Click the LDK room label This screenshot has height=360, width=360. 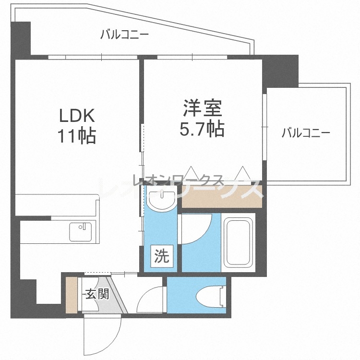pyautogui.click(x=77, y=116)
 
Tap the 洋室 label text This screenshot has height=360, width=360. pyautogui.click(x=202, y=108)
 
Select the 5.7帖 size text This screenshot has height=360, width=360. pyautogui.click(x=202, y=129)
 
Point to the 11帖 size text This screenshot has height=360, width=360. pyautogui.click(x=77, y=136)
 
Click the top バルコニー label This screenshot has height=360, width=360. pyautogui.click(x=125, y=35)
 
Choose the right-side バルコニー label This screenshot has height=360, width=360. pyautogui.click(x=306, y=132)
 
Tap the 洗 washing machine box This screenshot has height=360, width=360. pyautogui.click(x=162, y=256)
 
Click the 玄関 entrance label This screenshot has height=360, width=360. pyautogui.click(x=97, y=294)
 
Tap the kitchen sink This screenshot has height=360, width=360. pyautogui.click(x=80, y=232)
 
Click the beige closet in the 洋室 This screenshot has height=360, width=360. pyautogui.click(x=222, y=196)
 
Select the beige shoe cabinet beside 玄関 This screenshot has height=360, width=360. pyautogui.click(x=72, y=295)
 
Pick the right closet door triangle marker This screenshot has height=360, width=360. pyautogui.click(x=242, y=173)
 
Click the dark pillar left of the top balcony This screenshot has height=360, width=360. pyautogui.click(x=21, y=39)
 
